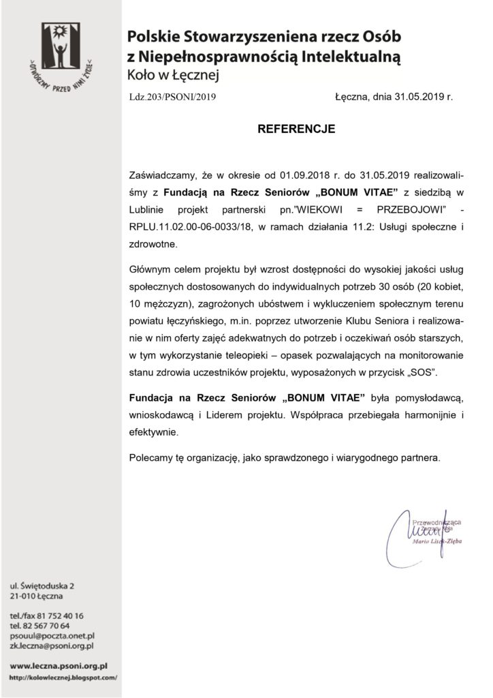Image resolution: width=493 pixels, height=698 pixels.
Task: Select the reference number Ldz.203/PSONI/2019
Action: coord(172,97)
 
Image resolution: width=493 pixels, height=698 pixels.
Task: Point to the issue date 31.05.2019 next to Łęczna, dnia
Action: coord(417,97)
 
